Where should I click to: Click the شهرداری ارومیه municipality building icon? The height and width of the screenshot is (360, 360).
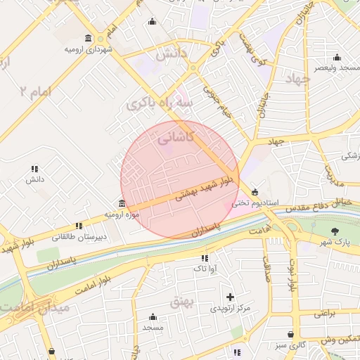tap(88, 38)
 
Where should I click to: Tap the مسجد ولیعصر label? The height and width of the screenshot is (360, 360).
tap(337, 67)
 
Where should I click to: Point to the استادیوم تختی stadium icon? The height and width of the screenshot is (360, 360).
tap(254, 192)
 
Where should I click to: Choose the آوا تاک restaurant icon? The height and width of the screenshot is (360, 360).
tap(205, 258)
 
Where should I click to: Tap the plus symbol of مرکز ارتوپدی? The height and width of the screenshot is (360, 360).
tap(230, 297)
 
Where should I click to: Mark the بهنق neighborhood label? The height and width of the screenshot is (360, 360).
tap(181, 302)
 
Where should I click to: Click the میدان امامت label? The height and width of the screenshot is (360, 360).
tap(35, 307)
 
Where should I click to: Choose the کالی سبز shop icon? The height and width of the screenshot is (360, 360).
tap(290, 335)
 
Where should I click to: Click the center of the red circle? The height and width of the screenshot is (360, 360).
tap(180, 180)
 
